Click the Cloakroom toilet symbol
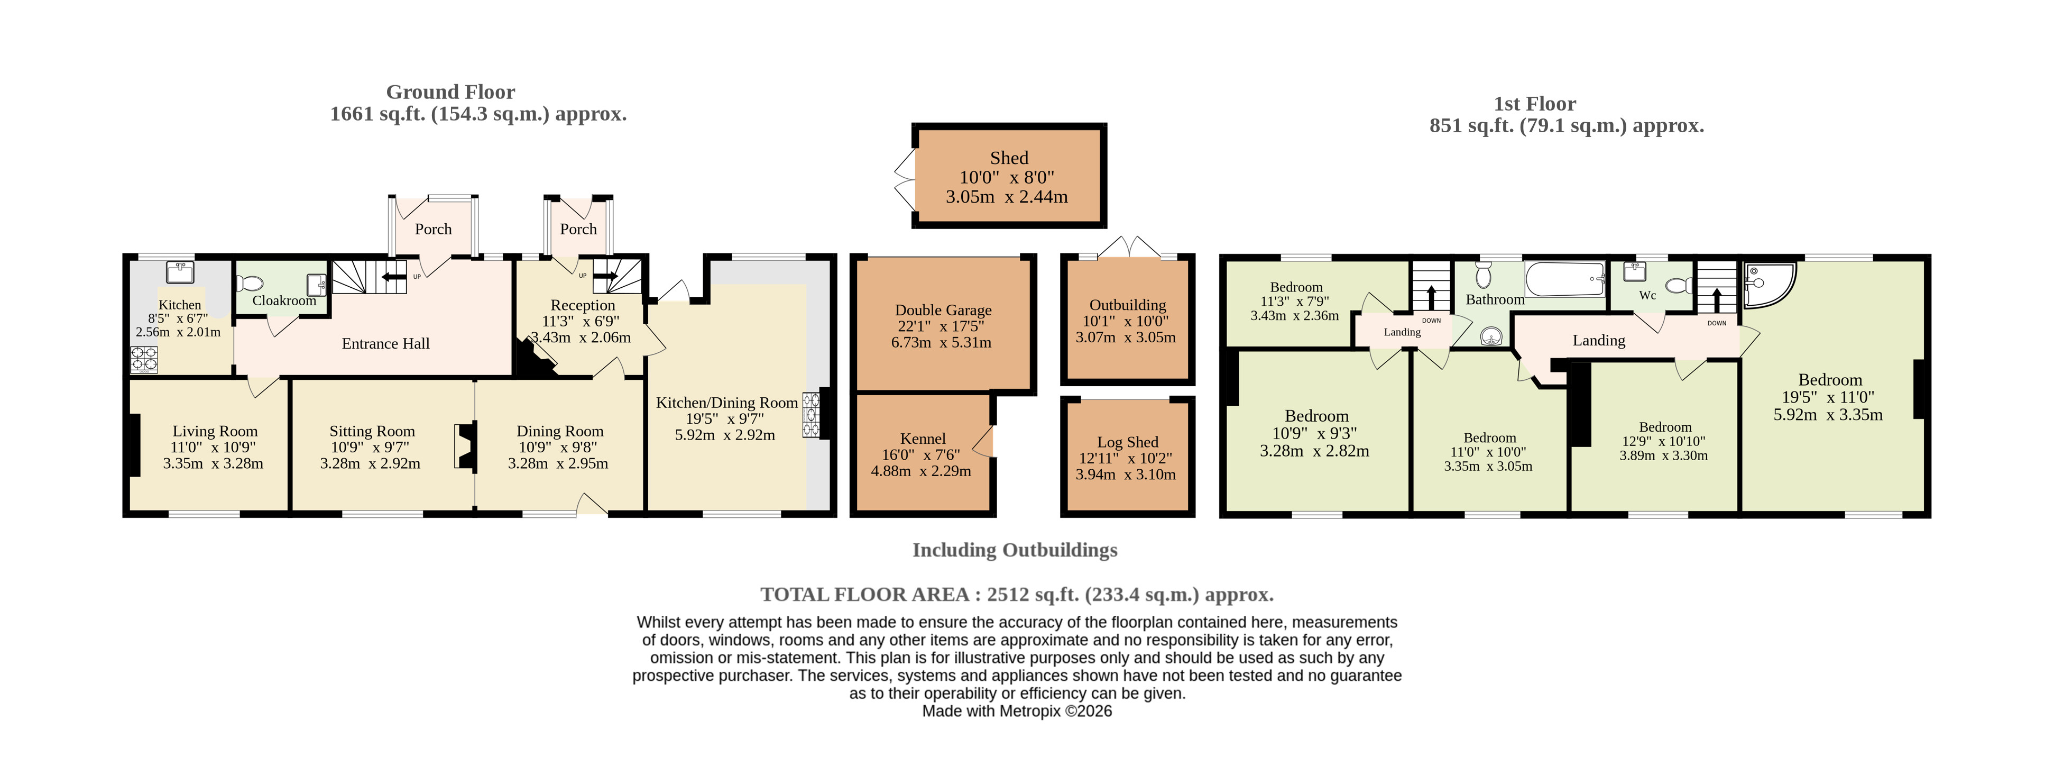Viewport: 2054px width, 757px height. click(251, 283)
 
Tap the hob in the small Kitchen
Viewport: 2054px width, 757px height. click(144, 360)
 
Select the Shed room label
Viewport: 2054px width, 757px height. click(1009, 158)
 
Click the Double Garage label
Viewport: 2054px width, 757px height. click(943, 309)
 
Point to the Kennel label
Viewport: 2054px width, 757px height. click(923, 438)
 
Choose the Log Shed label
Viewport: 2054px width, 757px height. click(1128, 442)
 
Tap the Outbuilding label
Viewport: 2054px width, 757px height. click(1128, 305)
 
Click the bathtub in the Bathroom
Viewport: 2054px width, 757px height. click(1564, 279)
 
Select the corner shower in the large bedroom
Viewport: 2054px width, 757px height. click(1770, 285)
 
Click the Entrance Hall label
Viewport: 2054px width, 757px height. click(386, 344)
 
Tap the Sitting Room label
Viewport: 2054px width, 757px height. click(372, 431)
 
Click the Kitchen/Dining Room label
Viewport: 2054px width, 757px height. click(726, 403)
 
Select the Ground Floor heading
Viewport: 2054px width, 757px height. click(450, 92)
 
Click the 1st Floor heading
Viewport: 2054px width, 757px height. click(1535, 104)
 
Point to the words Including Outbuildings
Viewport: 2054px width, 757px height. click(1015, 550)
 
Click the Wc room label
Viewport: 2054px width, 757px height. click(1647, 295)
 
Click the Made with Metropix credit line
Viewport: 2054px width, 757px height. click(1017, 712)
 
